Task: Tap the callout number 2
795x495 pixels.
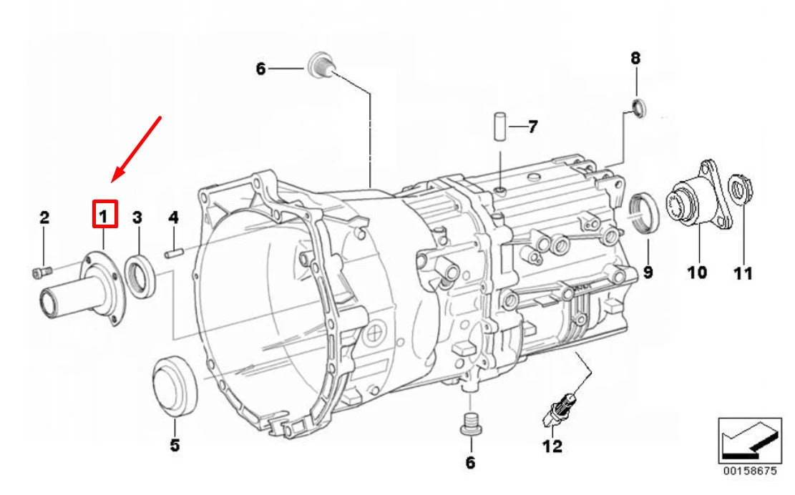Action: click(x=44, y=217)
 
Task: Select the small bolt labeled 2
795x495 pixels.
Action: click(x=42, y=273)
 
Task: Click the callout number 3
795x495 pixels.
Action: click(x=137, y=218)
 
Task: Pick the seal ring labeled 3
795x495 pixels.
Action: click(x=130, y=277)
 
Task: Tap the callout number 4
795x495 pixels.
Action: click(x=173, y=218)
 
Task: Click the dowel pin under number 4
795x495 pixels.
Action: click(x=174, y=253)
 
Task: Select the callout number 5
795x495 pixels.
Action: click(x=175, y=446)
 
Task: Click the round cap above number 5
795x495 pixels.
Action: click(x=175, y=386)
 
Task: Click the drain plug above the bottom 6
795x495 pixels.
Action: click(x=470, y=423)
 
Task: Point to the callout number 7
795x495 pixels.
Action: click(x=532, y=127)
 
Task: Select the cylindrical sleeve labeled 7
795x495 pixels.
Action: click(x=500, y=127)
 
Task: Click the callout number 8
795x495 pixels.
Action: click(x=635, y=58)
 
